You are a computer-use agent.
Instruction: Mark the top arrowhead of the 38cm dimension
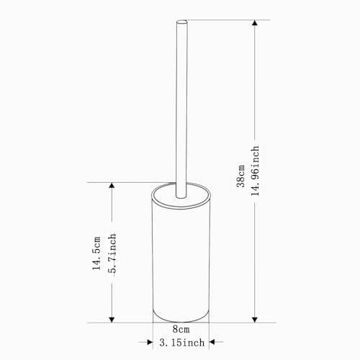coord(253,24)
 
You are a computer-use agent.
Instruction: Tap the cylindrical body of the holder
coord(180,259)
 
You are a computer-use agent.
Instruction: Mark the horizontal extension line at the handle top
coord(216,19)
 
